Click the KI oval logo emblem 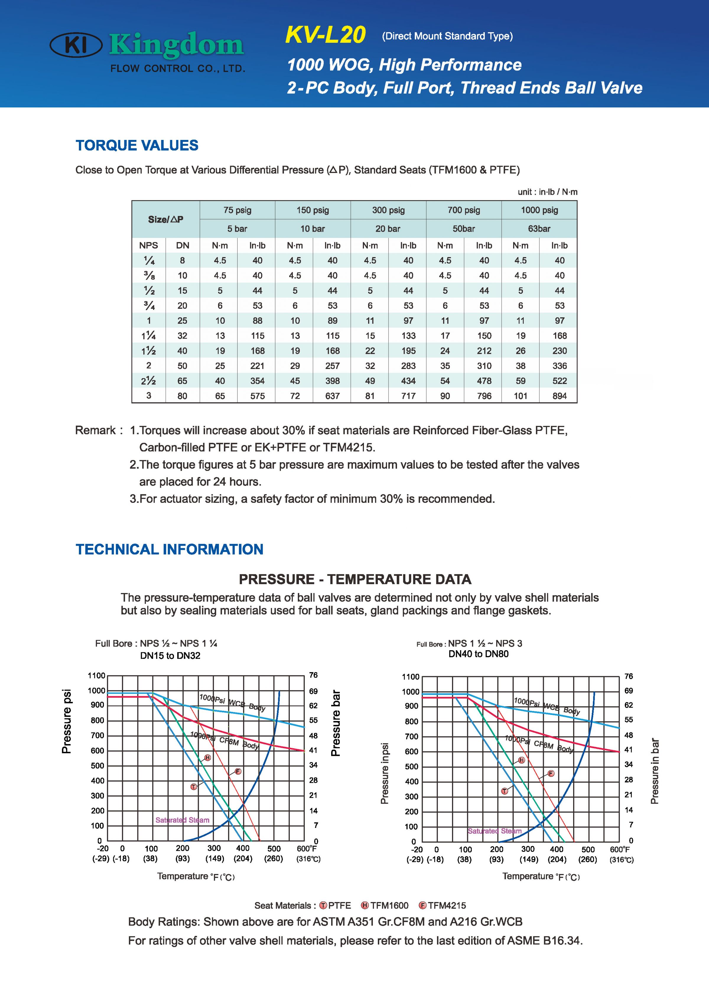pos(76,45)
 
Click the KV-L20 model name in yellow pos(325,35)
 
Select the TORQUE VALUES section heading pos(137,145)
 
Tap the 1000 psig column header pos(539,210)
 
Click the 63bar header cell pos(539,229)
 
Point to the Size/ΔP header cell pos(165,219)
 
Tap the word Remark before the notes pos(95,430)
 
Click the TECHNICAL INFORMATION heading pos(169,550)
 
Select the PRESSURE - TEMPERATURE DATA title pos(355,579)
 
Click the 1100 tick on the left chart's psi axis pos(97,675)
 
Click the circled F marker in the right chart pos(551,773)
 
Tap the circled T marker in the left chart pos(194,786)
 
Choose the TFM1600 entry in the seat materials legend pos(385,906)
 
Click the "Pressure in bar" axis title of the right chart pos(655,771)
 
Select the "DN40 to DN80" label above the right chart pos(478,654)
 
